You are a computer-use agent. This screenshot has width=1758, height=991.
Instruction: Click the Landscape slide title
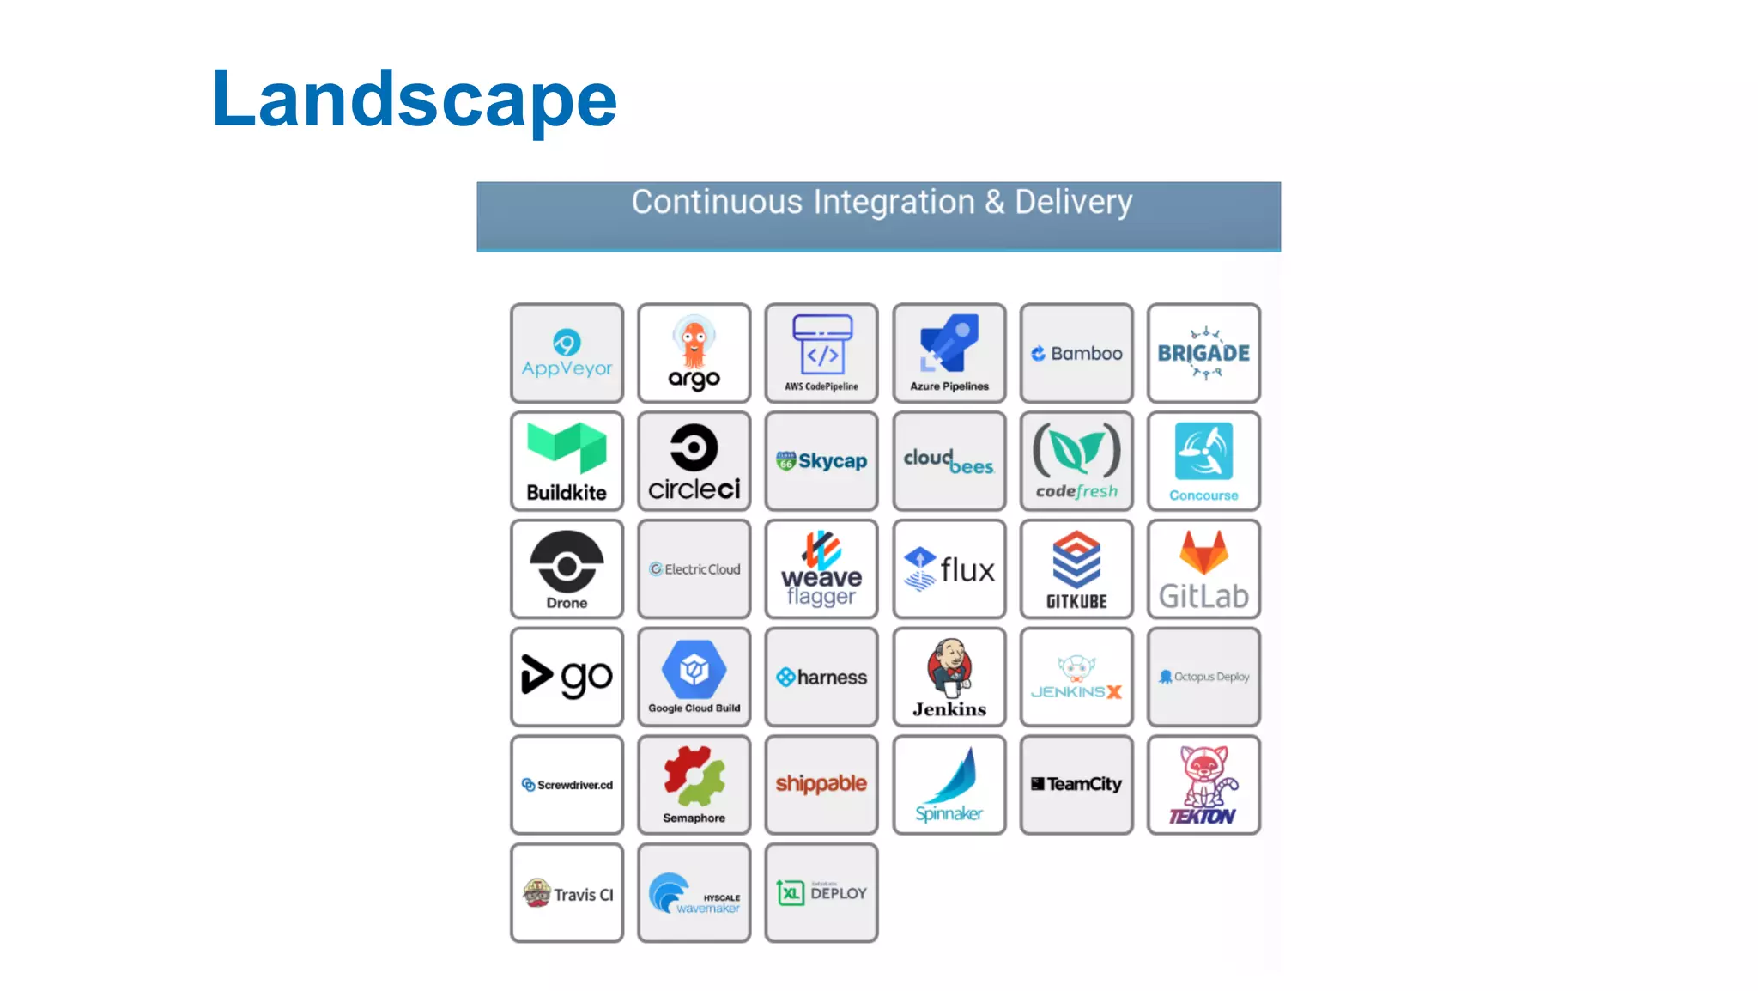point(414,100)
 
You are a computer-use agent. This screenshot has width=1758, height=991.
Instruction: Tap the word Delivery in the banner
point(1073,203)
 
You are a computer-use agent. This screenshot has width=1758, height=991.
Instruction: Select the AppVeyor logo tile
point(567,353)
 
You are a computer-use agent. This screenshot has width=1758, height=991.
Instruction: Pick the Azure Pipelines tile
point(949,353)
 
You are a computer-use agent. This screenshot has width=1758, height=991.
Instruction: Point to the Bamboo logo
point(1076,353)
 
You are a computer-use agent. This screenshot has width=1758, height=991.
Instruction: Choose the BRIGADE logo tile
point(1203,353)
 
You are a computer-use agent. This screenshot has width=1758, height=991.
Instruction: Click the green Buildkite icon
point(567,447)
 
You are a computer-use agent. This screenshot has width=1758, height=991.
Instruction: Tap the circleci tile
point(694,461)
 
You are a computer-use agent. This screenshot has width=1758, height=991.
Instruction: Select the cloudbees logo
point(949,462)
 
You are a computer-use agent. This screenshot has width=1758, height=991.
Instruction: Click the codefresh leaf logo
point(1076,450)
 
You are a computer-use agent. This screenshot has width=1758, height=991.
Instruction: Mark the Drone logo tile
point(567,568)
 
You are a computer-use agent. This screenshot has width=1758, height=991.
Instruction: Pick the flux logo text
point(967,570)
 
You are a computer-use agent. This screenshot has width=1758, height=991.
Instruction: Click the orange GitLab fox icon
point(1203,552)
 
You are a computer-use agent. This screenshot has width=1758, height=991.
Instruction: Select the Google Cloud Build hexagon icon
point(694,669)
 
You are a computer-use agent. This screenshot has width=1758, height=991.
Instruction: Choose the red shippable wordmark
point(821,783)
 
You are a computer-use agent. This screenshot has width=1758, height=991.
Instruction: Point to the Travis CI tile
point(567,893)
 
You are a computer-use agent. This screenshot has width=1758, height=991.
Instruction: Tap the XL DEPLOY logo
point(821,893)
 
